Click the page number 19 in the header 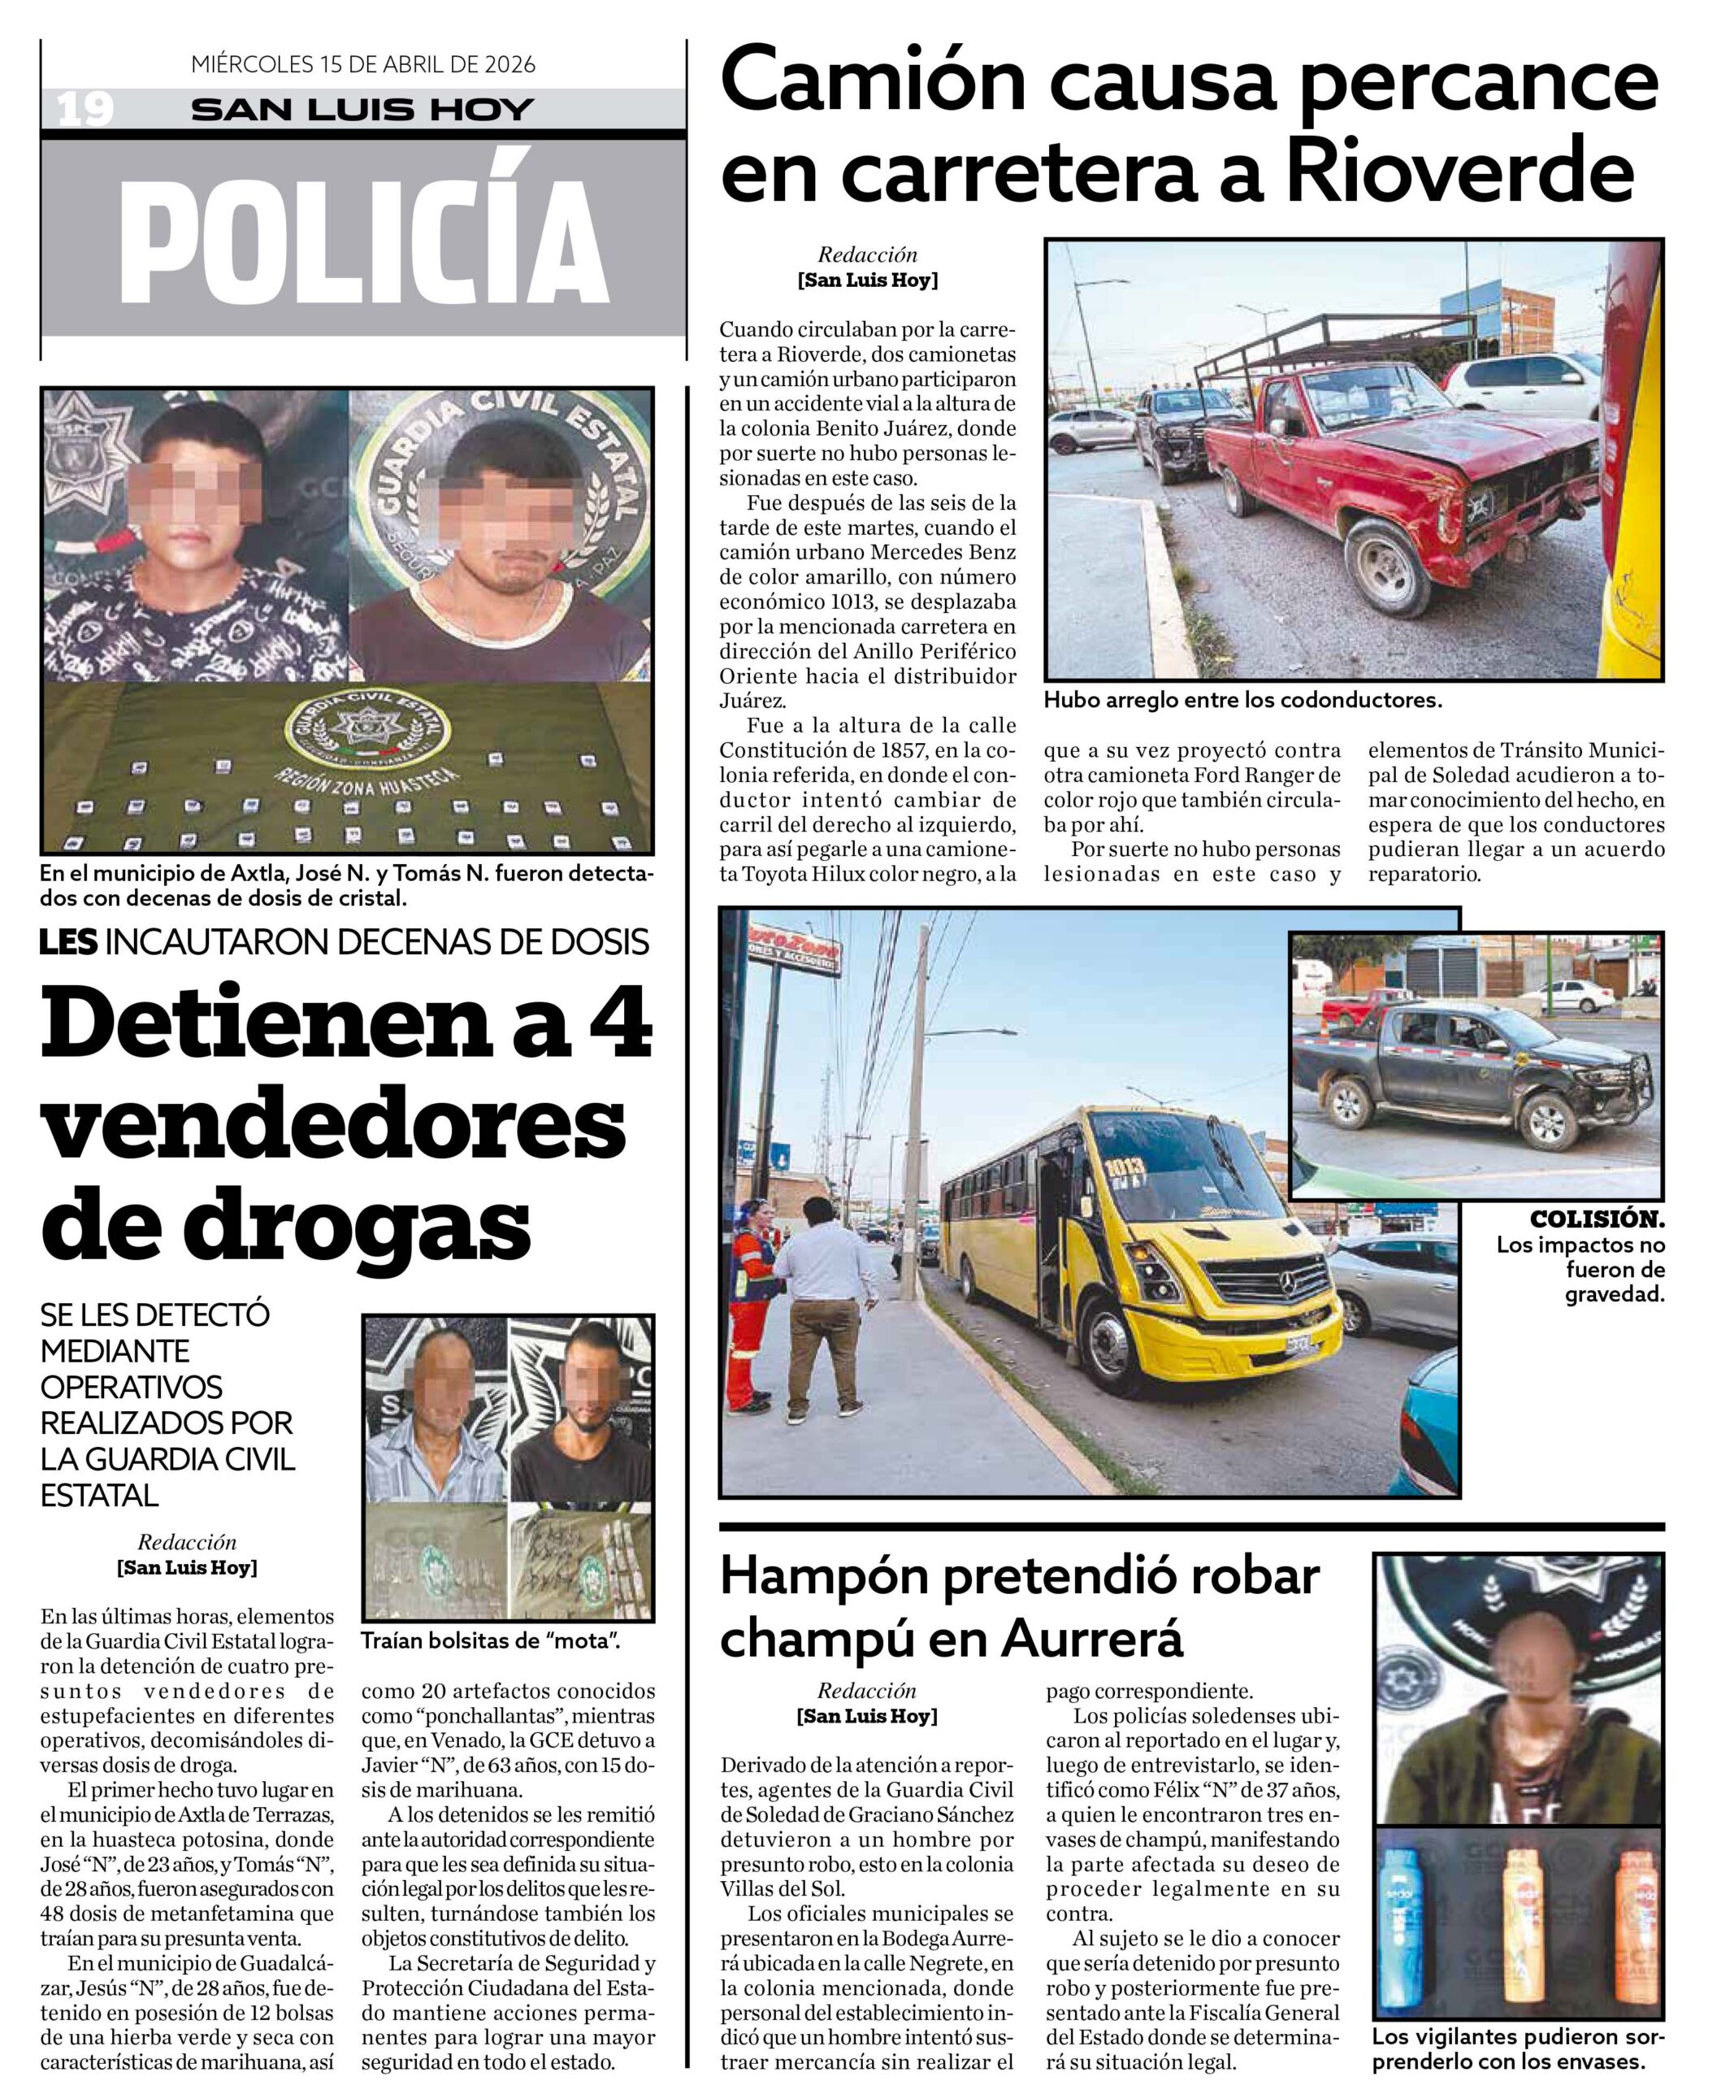[x=85, y=109]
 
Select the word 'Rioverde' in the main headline [x=1459, y=171]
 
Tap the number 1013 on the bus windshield [x=1125, y=1168]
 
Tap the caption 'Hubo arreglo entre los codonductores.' [x=1242, y=701]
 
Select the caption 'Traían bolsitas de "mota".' [x=491, y=1642]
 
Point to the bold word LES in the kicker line [x=67, y=942]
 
